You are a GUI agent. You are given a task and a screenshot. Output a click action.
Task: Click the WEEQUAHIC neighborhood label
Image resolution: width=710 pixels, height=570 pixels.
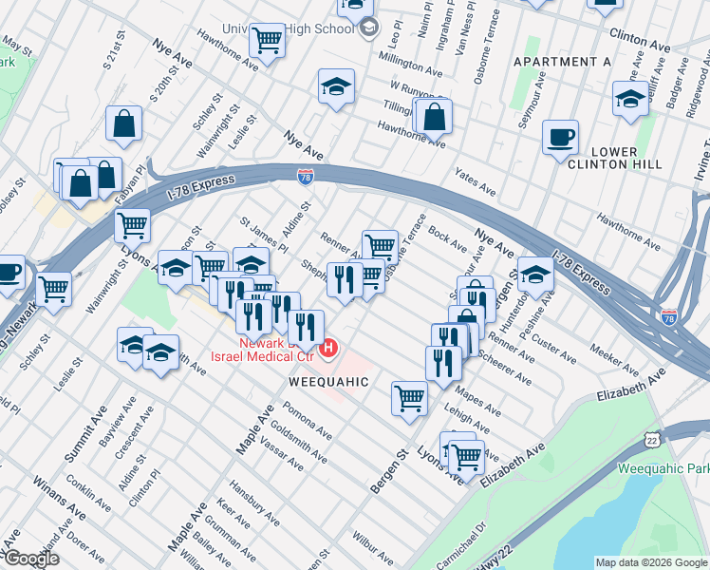[x=328, y=381]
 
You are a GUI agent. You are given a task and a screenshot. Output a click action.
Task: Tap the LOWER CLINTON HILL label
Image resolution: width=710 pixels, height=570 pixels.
[x=626, y=158]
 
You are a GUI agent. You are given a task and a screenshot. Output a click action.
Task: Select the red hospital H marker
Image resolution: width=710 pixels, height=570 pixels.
[x=328, y=349]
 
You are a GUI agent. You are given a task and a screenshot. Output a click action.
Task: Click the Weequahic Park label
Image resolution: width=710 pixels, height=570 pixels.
[x=663, y=468]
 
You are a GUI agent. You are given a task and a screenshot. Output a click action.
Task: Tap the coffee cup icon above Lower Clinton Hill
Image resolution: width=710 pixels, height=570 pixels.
[x=561, y=137]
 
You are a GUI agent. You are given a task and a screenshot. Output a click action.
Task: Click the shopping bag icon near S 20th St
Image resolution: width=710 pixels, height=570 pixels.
[x=124, y=123]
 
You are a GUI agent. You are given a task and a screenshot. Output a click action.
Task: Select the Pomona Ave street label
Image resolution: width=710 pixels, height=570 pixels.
[x=306, y=422]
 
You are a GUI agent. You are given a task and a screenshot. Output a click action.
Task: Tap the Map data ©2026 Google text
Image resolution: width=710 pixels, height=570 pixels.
[x=651, y=562]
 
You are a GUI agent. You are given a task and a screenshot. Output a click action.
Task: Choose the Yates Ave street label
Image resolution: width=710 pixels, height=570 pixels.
[x=476, y=180]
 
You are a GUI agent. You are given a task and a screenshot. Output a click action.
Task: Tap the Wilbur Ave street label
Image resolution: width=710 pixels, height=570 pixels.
[x=371, y=548]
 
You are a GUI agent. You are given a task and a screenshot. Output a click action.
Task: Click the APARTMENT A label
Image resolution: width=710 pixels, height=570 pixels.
[x=561, y=62]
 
